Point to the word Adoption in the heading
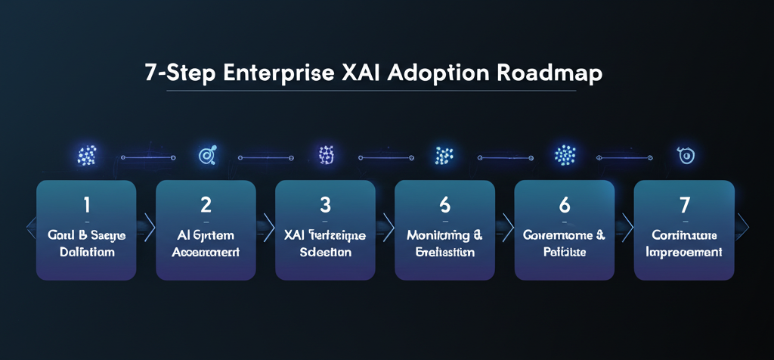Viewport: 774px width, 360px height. (445, 75)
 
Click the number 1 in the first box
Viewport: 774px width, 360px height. (86, 204)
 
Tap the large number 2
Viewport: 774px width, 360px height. (206, 204)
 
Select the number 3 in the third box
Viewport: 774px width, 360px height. (326, 204)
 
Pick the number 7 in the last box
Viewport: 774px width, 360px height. (684, 204)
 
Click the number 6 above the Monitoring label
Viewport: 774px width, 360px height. (445, 204)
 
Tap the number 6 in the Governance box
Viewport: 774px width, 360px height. (565, 204)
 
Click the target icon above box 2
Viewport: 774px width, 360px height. (206, 157)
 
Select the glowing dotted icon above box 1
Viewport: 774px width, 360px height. (86, 157)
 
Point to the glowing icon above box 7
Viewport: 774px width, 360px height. (684, 156)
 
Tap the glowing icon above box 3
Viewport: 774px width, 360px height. (326, 156)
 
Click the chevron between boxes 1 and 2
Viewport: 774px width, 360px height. (147, 225)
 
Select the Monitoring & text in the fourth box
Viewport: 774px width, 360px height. (444, 236)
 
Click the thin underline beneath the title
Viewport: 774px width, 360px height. (370, 92)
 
